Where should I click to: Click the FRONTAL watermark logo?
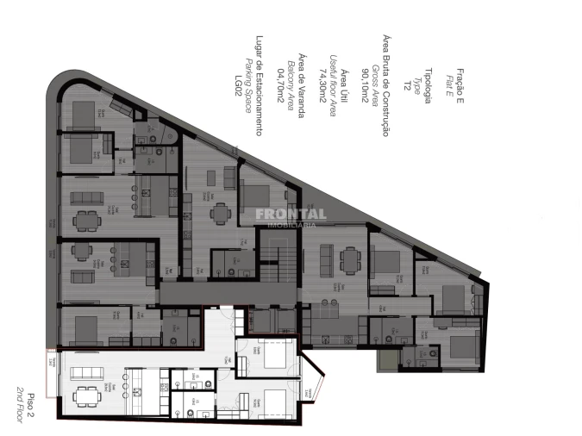tap(290, 215)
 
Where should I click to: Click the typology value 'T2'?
tap(407, 86)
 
